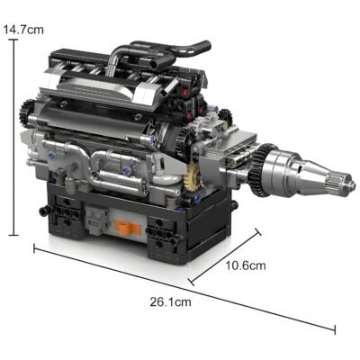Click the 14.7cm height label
[x=23, y=30]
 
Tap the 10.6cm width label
[x=245, y=265]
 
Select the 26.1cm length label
[x=170, y=301]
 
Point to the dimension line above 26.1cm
[x=180, y=286]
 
